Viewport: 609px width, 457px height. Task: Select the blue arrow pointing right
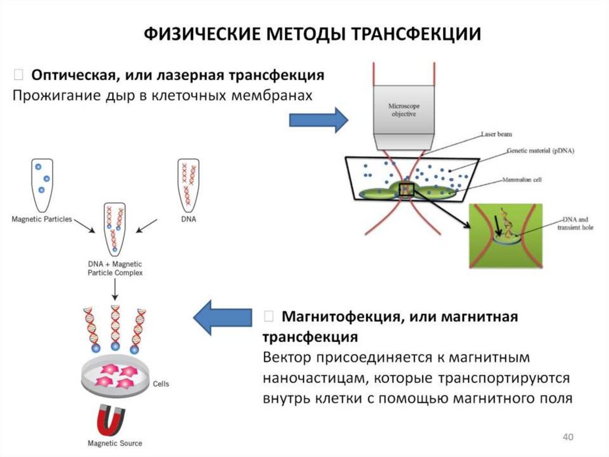click(x=318, y=120)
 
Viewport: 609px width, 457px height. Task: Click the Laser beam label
click(x=496, y=135)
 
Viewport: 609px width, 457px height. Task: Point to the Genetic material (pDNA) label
click(x=540, y=151)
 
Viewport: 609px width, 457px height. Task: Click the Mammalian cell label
click(x=521, y=179)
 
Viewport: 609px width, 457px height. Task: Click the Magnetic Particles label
click(x=42, y=219)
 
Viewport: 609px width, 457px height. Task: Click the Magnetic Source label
click(x=115, y=443)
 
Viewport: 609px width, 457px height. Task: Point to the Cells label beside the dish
click(x=161, y=384)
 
